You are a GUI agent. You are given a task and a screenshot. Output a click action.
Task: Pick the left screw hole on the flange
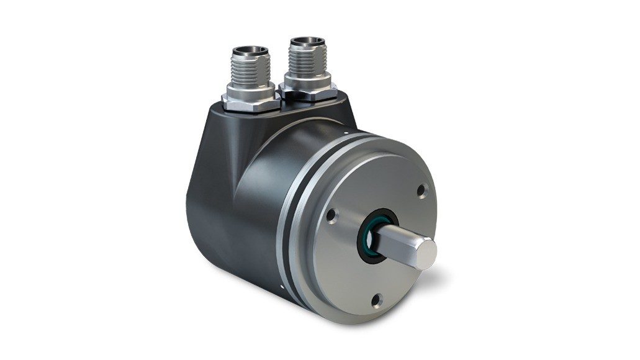[331, 216]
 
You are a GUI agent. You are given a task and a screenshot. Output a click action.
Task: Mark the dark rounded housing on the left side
[211, 205]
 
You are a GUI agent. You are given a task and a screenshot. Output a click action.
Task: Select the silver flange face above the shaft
[379, 180]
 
